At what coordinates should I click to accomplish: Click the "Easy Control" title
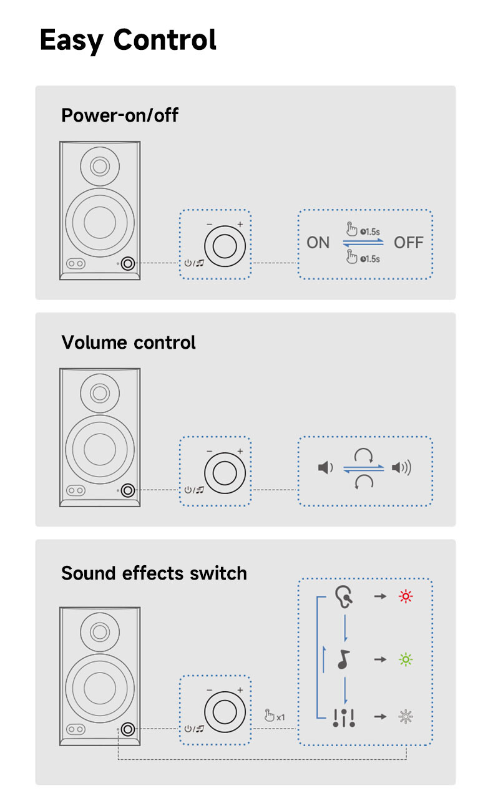(x=128, y=40)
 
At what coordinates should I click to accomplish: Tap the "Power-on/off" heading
(x=120, y=115)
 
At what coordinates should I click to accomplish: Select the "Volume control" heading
(x=129, y=342)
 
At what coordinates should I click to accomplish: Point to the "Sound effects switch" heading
(x=154, y=573)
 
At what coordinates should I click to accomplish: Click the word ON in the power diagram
(x=318, y=243)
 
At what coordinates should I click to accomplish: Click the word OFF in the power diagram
(x=409, y=243)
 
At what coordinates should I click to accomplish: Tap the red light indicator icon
(x=406, y=597)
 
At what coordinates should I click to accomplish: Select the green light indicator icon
(x=406, y=659)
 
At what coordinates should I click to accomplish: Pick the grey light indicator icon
(x=406, y=717)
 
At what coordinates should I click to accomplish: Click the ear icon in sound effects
(x=343, y=596)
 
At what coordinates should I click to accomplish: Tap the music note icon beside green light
(x=343, y=659)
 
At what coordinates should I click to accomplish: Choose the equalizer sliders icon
(x=344, y=718)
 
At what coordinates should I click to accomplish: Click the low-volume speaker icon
(x=325, y=467)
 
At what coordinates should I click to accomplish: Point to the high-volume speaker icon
(x=401, y=467)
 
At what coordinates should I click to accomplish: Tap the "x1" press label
(x=275, y=716)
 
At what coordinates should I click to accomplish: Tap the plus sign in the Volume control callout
(x=240, y=451)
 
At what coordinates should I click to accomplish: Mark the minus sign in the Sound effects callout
(x=210, y=690)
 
